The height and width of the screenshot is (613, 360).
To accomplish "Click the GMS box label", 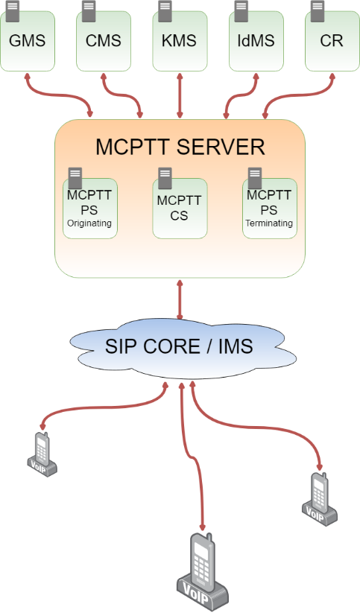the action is pos(27,41).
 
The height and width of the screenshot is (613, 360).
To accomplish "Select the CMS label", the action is pos(104,41).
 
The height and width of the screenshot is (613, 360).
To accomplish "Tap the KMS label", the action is pos(179,41).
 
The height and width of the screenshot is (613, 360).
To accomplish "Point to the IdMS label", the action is pos(256,41).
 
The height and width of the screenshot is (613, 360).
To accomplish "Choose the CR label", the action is pos(332,41).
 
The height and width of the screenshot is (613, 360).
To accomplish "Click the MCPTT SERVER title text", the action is pos(180,147).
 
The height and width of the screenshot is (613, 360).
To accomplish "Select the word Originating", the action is pos(89,223).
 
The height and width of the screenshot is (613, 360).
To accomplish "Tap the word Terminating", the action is pos(269,223).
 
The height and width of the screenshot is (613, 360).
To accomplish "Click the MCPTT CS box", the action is pos(180,209).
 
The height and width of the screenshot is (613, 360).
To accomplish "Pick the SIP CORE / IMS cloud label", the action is pos(179,346).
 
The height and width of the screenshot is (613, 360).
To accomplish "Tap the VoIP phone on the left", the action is pos(42,454).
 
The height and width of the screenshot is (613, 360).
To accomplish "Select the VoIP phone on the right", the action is pos(320,499).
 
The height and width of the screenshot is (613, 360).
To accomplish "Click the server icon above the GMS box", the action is pos(13,10).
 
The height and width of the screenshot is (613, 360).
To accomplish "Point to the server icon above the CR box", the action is pos(318,10).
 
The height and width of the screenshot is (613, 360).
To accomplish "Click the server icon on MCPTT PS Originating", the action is pos(75,178).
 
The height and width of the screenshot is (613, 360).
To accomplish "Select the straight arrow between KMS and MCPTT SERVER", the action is pos(180,95).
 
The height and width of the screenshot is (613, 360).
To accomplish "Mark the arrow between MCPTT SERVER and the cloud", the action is pos(180,299).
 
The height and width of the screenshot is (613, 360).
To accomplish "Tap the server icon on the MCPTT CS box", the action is pos(165,178).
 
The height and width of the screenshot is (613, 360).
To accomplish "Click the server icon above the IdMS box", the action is pos(241,10).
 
